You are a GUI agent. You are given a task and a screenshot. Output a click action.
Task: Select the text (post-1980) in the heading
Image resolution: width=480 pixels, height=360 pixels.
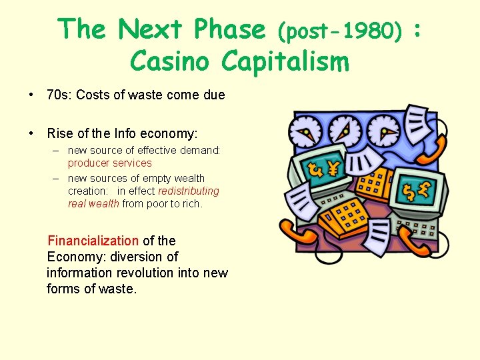point(340,30)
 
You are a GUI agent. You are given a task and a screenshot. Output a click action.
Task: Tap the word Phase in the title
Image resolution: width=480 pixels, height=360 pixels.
point(227,29)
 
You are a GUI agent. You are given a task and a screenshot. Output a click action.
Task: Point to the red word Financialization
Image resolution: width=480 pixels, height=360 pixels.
point(93,241)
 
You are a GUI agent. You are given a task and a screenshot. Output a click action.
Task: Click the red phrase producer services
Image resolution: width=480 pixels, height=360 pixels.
point(109,163)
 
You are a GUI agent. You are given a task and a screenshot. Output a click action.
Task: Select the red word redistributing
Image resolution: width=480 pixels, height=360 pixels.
point(188,191)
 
